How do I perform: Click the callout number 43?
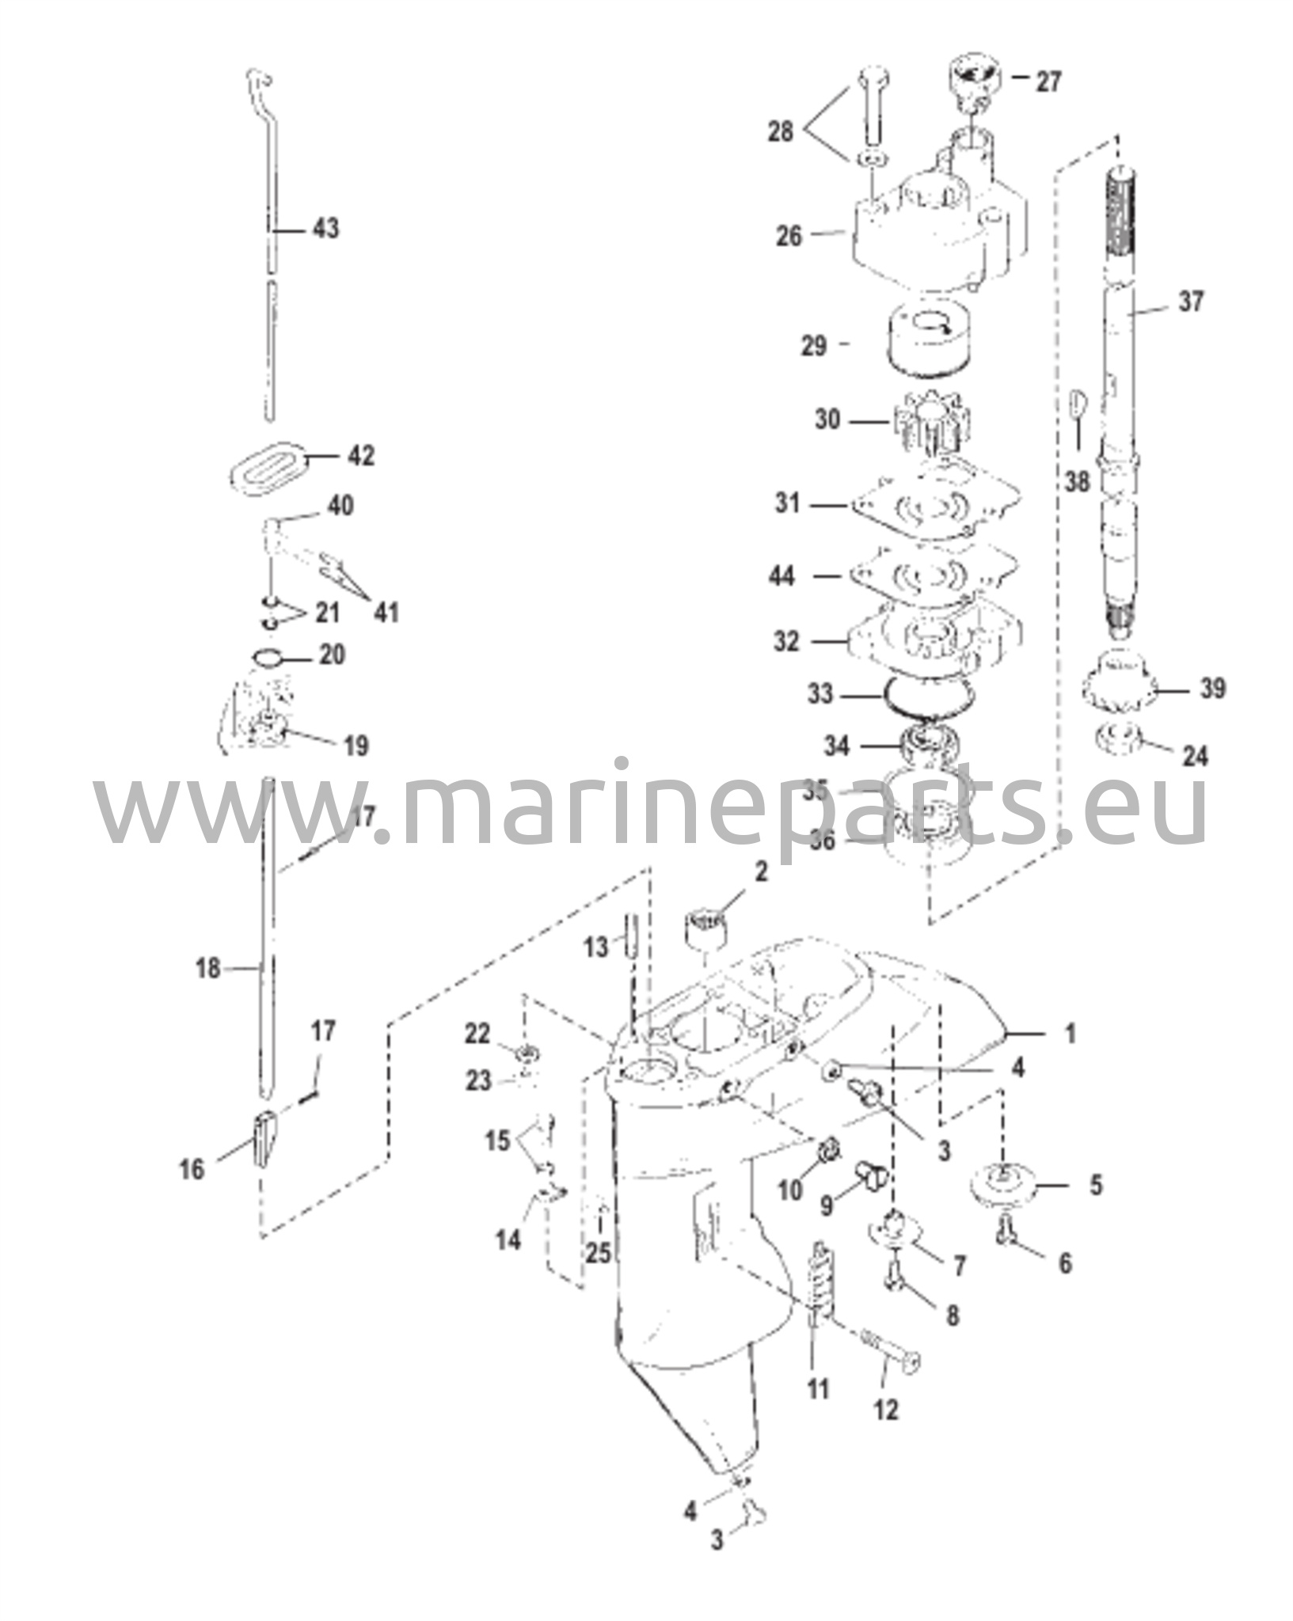pyautogui.click(x=325, y=228)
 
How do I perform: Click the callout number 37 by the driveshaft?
pyautogui.click(x=1191, y=302)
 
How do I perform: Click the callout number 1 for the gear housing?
pyautogui.click(x=1071, y=1033)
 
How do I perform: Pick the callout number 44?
pyautogui.click(x=782, y=575)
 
